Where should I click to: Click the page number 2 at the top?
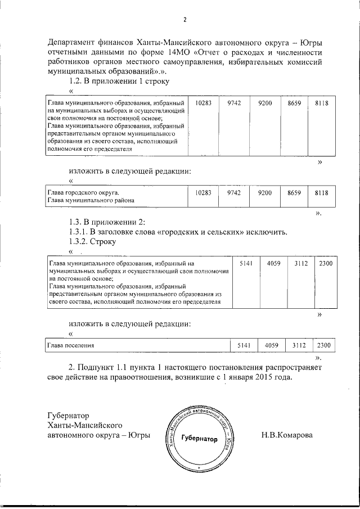184,20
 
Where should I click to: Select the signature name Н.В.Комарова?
287,435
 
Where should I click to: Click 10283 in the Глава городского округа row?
203,193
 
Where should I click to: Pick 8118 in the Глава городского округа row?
321,193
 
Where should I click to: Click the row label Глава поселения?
71,345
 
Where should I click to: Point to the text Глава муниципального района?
91,200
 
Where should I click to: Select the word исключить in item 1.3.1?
267,231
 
